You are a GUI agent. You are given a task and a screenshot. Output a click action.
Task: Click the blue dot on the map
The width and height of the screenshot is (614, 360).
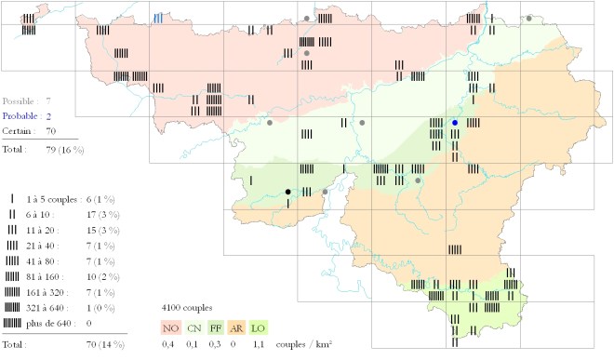point(455,123)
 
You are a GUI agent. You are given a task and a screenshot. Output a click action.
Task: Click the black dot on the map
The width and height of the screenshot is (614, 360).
point(287,192)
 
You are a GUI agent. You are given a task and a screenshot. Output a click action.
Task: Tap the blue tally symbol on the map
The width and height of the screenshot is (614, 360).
point(159,18)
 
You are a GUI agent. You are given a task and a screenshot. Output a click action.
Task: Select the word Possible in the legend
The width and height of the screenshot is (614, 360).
point(20,100)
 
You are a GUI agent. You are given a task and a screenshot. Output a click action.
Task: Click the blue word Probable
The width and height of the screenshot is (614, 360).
point(20,115)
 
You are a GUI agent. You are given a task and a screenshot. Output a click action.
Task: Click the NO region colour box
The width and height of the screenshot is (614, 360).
point(170,327)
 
